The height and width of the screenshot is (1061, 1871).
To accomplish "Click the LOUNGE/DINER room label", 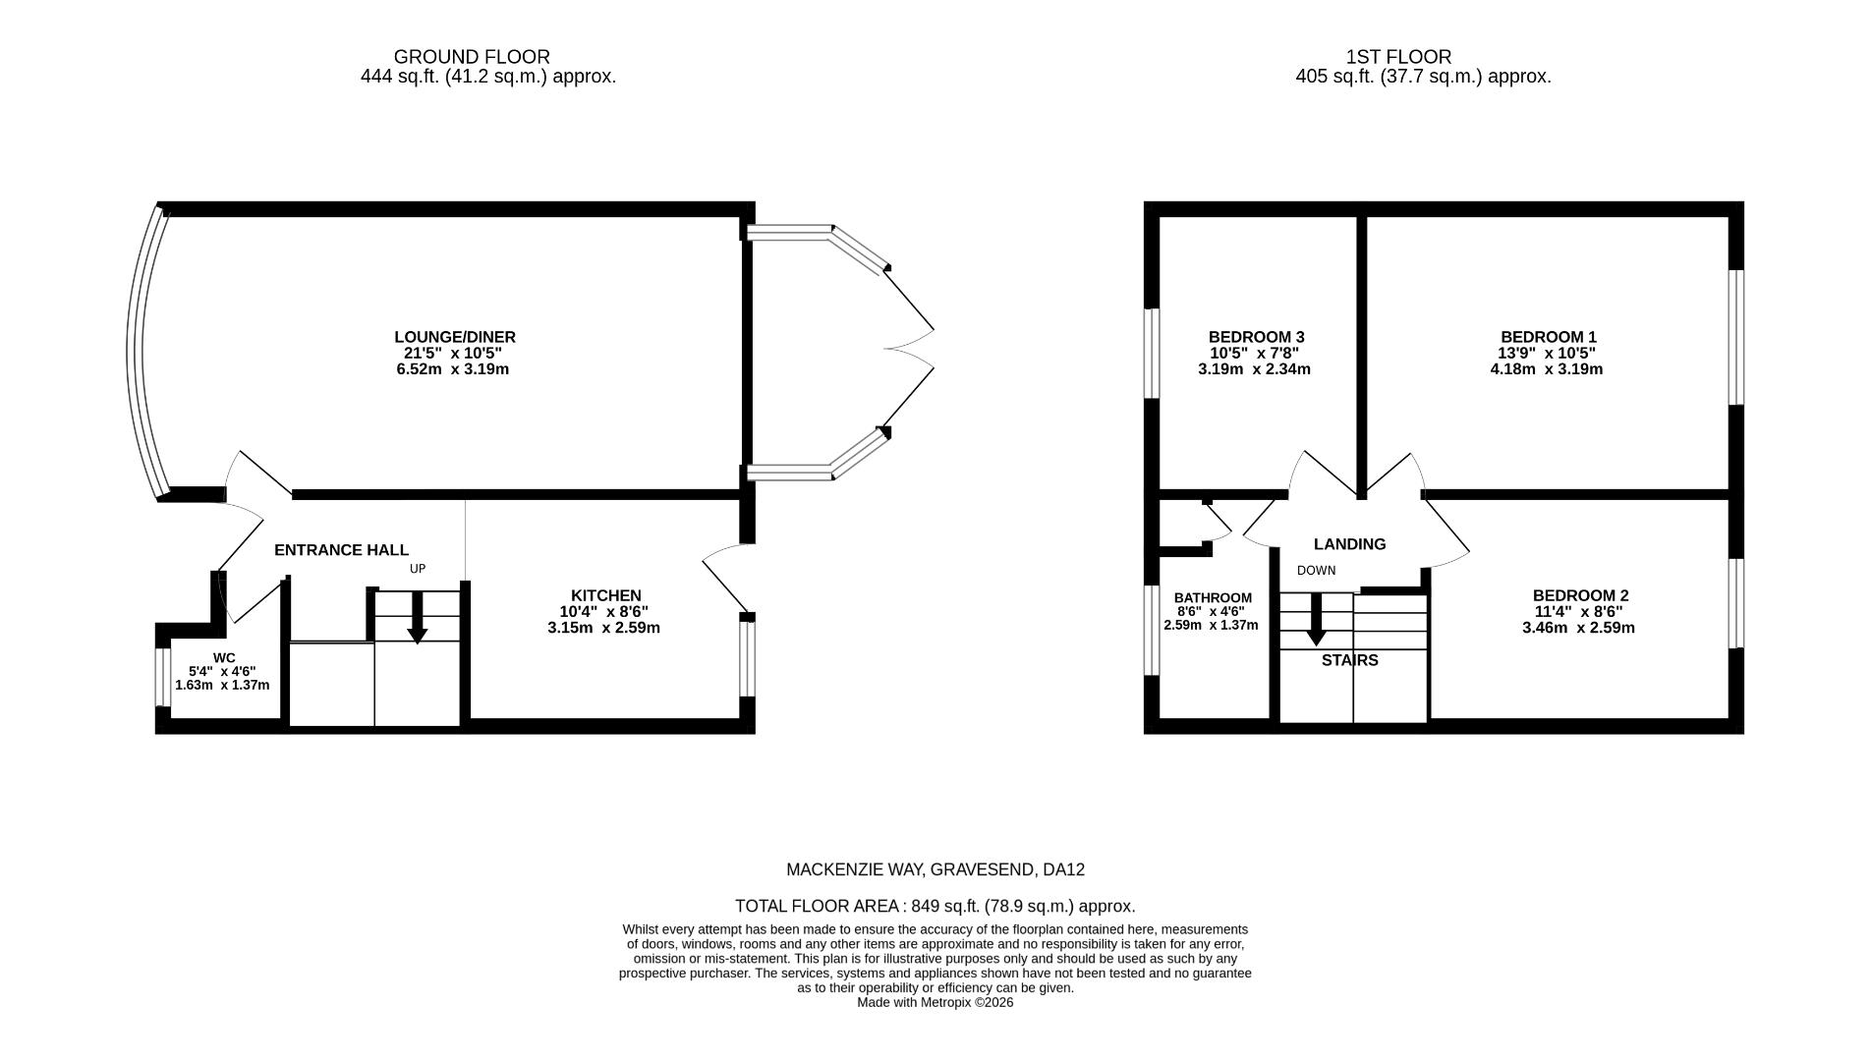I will [454, 337].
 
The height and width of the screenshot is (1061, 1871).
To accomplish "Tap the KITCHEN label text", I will [605, 595].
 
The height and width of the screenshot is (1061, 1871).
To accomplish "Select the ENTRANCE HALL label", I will [341, 550].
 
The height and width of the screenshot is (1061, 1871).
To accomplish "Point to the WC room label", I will [224, 658].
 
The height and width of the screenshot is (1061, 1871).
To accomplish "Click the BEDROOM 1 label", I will [1548, 337].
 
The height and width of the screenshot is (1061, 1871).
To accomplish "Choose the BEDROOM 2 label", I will [1580, 595].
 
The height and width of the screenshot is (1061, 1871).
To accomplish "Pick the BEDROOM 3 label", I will [1256, 337].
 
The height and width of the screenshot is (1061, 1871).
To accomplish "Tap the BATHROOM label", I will [1213, 597].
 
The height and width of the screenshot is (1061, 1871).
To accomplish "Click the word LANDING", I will [1349, 544].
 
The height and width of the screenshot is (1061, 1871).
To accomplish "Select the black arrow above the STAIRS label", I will [1316, 623].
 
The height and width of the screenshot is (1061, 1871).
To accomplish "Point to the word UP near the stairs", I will [418, 569].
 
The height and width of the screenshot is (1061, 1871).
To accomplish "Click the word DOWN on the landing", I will [1316, 571].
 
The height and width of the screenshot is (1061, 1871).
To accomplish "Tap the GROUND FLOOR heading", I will [472, 57].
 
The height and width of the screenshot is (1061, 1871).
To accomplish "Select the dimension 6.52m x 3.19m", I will [452, 369].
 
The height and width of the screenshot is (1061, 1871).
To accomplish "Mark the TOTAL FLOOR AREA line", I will [935, 906].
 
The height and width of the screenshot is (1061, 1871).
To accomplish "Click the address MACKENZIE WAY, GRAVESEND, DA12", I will [935, 869].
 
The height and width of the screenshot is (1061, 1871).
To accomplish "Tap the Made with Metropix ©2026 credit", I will [935, 1003].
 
